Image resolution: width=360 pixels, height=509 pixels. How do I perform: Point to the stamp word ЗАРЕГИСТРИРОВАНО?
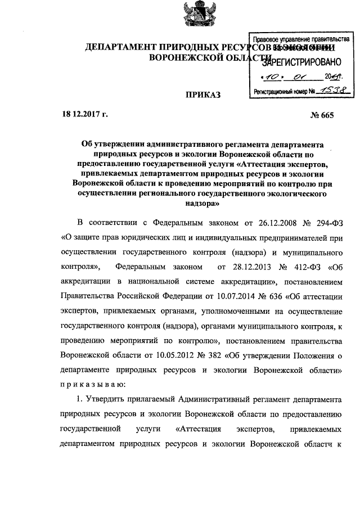[299, 61]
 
